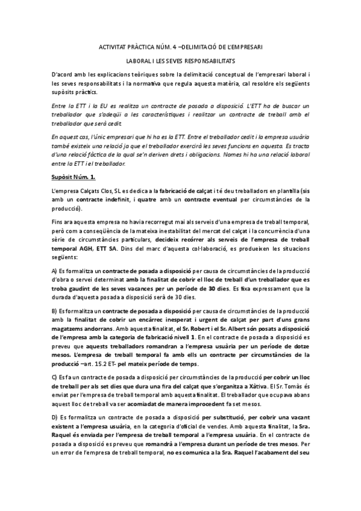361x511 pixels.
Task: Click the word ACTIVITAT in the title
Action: coord(113,46)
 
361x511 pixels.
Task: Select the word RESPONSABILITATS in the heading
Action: coord(212,61)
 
